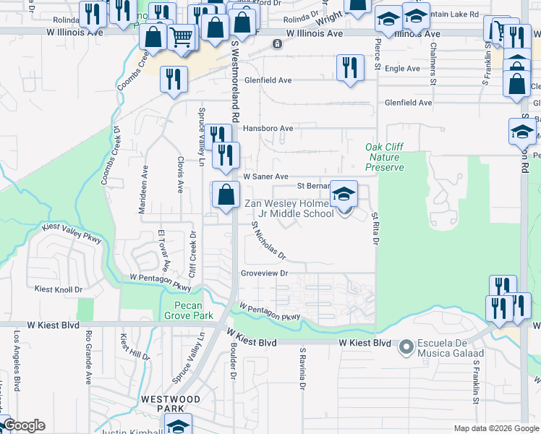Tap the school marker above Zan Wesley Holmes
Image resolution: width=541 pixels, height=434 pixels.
tap(344, 194)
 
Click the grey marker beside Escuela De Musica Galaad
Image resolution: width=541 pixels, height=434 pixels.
tap(405, 349)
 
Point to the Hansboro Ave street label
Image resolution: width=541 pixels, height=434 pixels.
tap(268, 129)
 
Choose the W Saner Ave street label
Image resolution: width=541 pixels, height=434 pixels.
tap(265, 176)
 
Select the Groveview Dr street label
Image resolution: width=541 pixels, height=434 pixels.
tap(265, 273)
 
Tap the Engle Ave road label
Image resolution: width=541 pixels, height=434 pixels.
tap(403, 69)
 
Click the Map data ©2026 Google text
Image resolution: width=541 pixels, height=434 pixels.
tap(495, 428)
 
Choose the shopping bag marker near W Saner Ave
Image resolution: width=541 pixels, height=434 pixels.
tap(226, 194)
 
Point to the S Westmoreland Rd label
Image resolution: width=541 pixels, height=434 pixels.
tap(235, 80)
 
